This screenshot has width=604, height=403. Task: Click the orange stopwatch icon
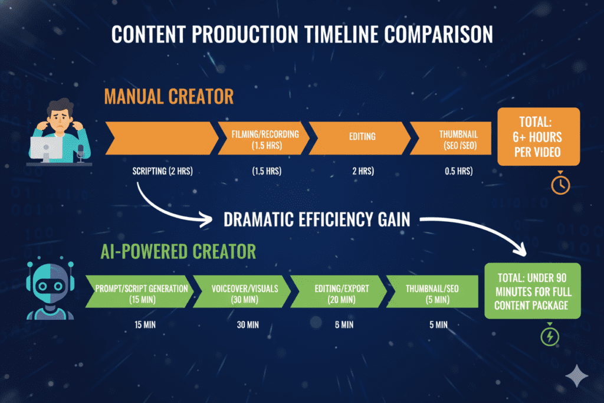560,185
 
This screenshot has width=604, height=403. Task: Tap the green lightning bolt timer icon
550,336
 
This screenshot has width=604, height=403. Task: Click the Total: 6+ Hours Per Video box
539,137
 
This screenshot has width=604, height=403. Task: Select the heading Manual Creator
169,96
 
